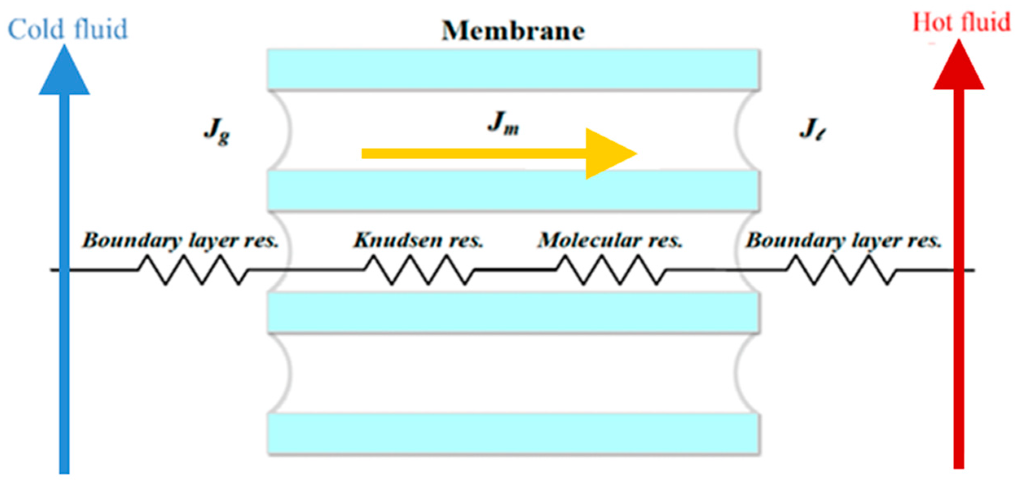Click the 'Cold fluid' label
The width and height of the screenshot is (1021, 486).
68,29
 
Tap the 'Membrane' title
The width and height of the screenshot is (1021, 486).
513,31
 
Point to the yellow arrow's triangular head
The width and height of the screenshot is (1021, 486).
607,154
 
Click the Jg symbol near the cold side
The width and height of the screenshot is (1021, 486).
216,131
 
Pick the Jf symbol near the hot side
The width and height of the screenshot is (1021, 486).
812,129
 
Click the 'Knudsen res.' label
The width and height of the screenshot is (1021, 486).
418,240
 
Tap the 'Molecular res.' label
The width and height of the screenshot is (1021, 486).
610,240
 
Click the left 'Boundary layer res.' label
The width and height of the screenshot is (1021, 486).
180,240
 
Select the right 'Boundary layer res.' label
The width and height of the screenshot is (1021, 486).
844,240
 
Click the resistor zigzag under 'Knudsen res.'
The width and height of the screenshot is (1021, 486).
420,269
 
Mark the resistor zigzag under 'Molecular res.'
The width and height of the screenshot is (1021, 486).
611,269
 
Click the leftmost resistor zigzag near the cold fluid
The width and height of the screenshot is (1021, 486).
194,269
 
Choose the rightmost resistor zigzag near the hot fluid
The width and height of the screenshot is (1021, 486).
841,269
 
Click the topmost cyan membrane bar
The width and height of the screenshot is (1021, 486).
513,70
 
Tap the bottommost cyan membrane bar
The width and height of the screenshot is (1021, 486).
513,434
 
